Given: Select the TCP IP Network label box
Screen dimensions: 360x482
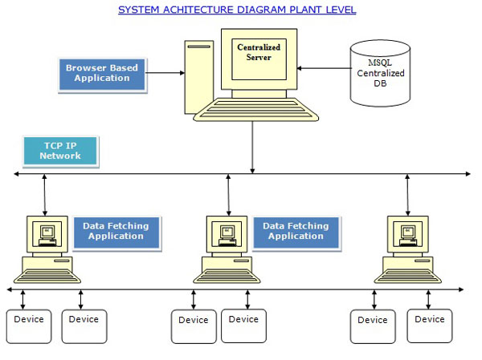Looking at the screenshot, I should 60,150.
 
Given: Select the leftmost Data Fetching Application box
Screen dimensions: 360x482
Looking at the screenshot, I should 116,231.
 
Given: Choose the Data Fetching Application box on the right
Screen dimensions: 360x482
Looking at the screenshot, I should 296,231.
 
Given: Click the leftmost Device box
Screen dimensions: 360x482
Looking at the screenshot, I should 29,326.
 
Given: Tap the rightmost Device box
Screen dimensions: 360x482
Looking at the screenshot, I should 429,326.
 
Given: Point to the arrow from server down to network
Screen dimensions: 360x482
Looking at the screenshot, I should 252,148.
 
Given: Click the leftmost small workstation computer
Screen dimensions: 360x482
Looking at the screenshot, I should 47,249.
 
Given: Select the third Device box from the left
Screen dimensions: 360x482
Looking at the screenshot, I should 194,326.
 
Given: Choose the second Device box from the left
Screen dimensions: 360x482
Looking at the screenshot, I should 84,326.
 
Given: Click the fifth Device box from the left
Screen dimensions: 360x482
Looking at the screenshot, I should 373,326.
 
